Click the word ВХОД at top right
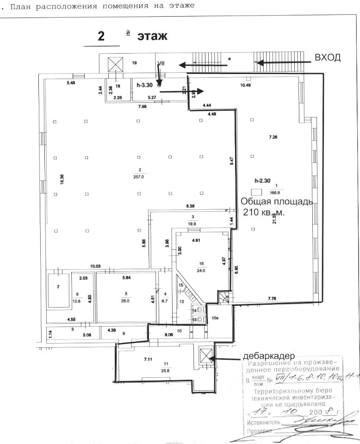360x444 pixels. [x=328, y=57]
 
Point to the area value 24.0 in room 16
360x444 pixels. [x=201, y=271]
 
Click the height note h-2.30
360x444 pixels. [x=263, y=181]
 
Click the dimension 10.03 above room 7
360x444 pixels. [x=95, y=266]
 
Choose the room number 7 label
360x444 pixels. [x=58, y=287]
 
